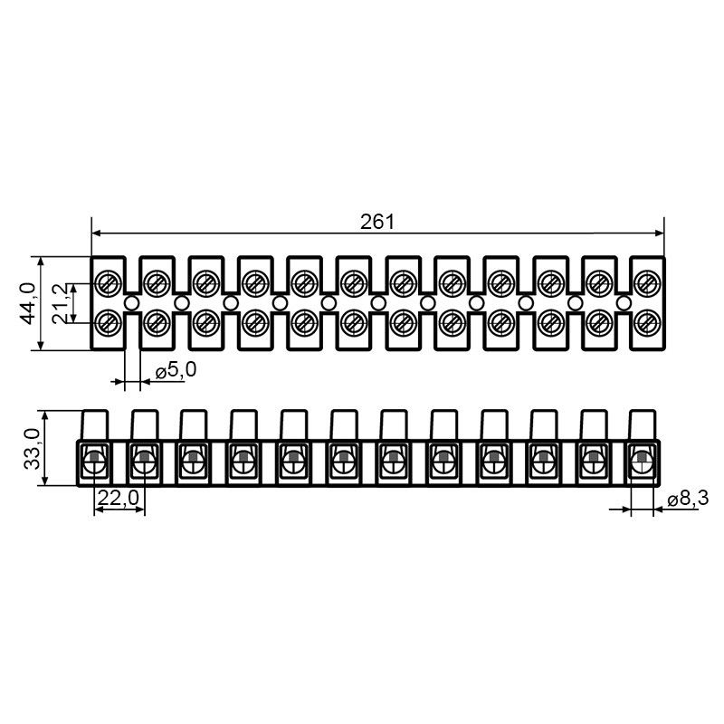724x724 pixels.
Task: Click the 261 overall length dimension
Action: (377, 222)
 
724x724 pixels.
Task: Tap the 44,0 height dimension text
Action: (28, 303)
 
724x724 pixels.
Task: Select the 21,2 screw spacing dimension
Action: (60, 303)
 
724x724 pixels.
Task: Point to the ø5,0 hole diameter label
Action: (176, 370)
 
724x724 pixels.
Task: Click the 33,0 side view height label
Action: (33, 448)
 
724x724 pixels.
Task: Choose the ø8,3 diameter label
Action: (688, 499)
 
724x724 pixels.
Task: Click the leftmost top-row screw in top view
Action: (108, 281)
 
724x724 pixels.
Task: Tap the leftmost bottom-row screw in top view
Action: (108, 323)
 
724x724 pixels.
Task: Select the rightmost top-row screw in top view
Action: (646, 281)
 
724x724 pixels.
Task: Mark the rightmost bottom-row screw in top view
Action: (646, 323)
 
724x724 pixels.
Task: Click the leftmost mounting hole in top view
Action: (132, 303)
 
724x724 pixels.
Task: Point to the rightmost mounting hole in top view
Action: (624, 303)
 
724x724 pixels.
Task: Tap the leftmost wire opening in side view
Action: (95, 462)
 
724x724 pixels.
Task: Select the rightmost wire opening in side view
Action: (642, 462)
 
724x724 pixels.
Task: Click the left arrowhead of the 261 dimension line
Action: (97, 233)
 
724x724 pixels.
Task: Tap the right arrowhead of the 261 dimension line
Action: (659, 233)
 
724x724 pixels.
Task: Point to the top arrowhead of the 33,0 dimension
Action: (44, 416)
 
